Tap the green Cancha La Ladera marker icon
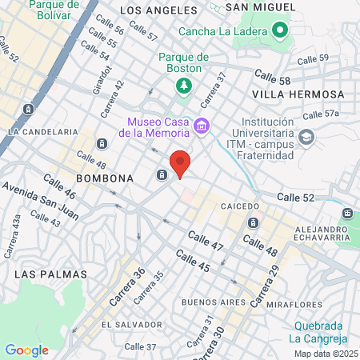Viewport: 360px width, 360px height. tap(279, 31)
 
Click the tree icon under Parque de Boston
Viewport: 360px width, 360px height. tap(184, 84)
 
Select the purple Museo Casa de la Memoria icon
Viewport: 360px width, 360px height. tap(202, 126)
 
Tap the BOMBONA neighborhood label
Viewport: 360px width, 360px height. tap(104, 178)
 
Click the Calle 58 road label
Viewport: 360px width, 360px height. tap(272, 75)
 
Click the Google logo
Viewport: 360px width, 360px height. tap(26, 350)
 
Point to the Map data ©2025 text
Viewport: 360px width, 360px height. tap(325, 354)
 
